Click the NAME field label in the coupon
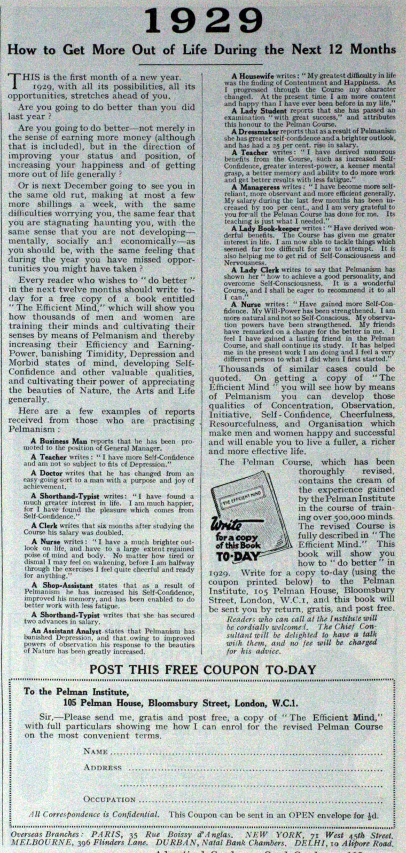[96, 752]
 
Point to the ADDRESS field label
[103, 768]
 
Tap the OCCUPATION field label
[110, 800]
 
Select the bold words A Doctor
[46, 473]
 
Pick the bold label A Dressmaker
[254, 131]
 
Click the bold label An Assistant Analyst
[59, 631]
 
